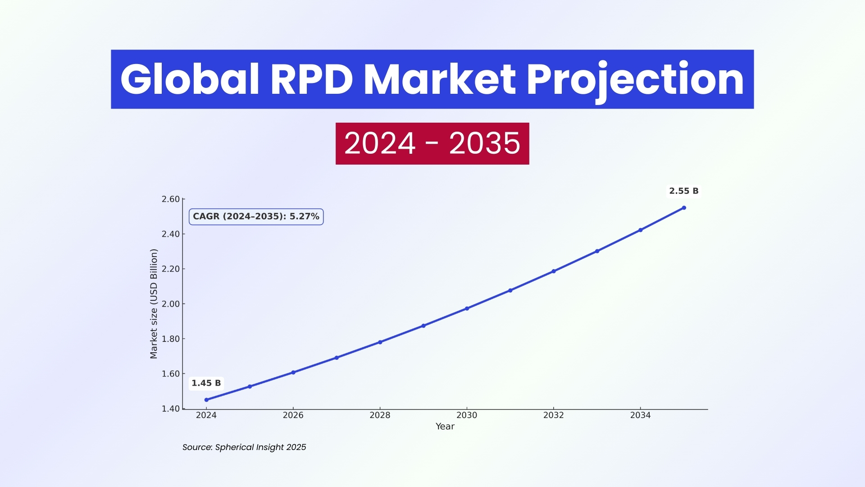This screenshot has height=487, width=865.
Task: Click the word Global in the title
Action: [x=190, y=79]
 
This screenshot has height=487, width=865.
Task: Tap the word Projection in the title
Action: [x=635, y=79]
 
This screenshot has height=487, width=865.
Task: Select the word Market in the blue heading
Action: [x=439, y=79]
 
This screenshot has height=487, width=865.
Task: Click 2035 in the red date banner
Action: [x=484, y=143]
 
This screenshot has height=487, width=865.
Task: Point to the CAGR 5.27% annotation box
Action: [x=256, y=216]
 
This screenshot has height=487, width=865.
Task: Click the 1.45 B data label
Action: [x=206, y=383]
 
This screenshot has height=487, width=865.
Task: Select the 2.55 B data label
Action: [x=683, y=191]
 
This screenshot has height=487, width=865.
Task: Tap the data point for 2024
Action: [x=206, y=400]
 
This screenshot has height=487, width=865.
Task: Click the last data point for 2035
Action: [x=684, y=208]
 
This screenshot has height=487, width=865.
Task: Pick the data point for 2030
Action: [x=467, y=308]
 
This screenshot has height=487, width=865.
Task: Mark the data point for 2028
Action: [x=380, y=342]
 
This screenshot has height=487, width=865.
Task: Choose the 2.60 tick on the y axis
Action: [x=171, y=199]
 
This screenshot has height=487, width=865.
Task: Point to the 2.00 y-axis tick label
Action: [x=171, y=304]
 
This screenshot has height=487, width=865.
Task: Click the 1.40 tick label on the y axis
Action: [x=171, y=409]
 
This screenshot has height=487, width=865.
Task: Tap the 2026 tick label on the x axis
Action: [x=293, y=415]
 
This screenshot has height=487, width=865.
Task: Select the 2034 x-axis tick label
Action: [x=640, y=415]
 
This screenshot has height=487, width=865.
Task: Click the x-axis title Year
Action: [x=445, y=427]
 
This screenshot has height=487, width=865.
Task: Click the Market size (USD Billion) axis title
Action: [x=154, y=304]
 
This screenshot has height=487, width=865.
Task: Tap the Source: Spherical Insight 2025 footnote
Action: [x=244, y=447]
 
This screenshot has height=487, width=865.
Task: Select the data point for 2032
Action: [x=554, y=271]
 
